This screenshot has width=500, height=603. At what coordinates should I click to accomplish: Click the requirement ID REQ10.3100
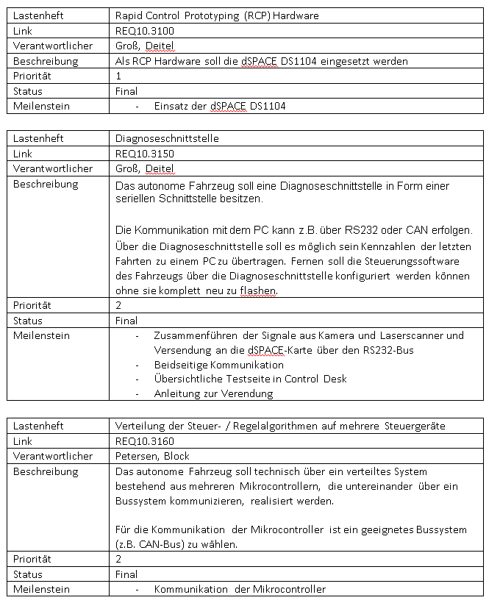(143, 30)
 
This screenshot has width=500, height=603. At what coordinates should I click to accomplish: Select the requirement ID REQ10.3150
(143, 153)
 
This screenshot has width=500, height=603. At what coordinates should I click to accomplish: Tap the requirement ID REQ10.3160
(143, 440)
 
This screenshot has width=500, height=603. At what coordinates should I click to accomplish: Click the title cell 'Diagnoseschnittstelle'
(167, 138)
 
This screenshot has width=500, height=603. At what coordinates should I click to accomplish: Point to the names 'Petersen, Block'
(152, 456)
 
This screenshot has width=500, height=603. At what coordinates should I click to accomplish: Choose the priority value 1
(118, 76)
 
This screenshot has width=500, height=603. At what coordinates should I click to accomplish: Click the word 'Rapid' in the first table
(129, 15)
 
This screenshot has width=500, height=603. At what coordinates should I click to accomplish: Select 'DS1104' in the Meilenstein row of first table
(268, 107)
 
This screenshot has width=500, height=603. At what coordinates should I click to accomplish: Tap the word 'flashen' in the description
(257, 290)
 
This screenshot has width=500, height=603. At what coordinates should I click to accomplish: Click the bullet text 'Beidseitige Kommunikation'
(218, 365)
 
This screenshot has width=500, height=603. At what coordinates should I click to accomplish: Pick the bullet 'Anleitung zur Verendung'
(213, 393)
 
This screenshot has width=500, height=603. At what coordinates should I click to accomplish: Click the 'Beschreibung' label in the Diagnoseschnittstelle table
(46, 184)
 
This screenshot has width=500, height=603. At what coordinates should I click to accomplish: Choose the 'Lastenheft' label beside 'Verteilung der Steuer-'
(38, 425)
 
